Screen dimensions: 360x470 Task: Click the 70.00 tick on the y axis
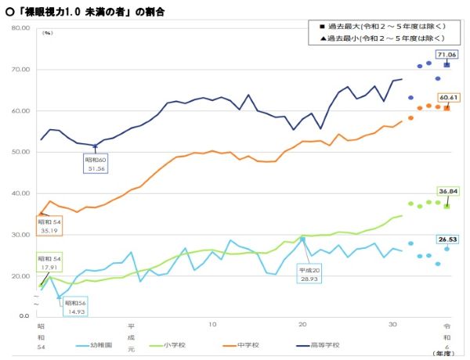click(x=19, y=70)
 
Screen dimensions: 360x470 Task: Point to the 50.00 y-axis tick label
click(x=19, y=152)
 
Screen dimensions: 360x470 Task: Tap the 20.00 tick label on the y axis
click(x=19, y=275)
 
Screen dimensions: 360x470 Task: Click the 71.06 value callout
click(x=447, y=54)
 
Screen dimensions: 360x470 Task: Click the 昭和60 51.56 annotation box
click(x=96, y=164)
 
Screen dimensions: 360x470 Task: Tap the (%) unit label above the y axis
click(x=48, y=34)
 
